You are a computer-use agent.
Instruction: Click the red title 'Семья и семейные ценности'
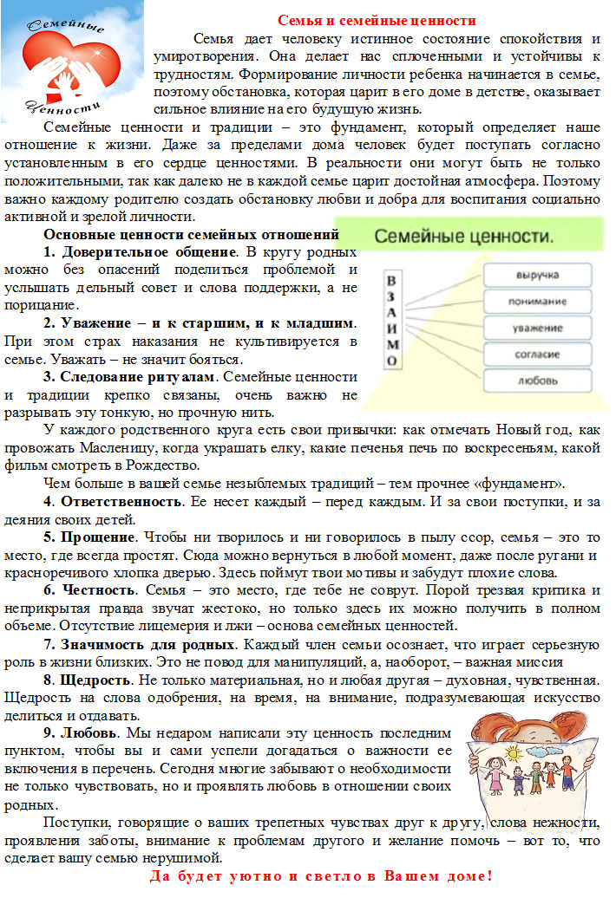377,20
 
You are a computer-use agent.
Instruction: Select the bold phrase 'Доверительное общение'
147,252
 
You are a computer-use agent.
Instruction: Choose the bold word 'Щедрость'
95,680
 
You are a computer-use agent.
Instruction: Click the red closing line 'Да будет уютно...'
321,876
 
